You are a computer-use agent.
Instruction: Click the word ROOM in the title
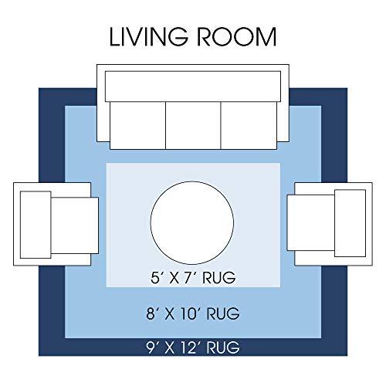click(237, 37)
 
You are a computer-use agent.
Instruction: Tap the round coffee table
click(192, 223)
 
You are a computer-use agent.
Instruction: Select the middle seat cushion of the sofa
click(193, 125)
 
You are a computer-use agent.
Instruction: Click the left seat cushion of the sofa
click(137, 125)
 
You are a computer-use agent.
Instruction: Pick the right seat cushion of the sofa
click(249, 125)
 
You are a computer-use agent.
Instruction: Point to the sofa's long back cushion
click(193, 86)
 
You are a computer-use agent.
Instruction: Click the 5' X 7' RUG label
click(193, 278)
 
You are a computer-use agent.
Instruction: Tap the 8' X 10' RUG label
click(193, 313)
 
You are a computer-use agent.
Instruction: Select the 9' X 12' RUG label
click(193, 347)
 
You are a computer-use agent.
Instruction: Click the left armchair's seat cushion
click(75, 225)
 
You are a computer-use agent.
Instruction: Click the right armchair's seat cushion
click(311, 222)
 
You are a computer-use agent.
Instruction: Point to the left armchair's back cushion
click(36, 225)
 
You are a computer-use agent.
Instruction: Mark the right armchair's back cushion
click(350, 223)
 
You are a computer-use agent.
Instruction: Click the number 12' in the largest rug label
click(191, 347)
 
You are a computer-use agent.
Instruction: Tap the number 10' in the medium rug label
click(191, 313)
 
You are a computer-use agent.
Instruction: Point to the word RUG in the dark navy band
click(223, 347)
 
